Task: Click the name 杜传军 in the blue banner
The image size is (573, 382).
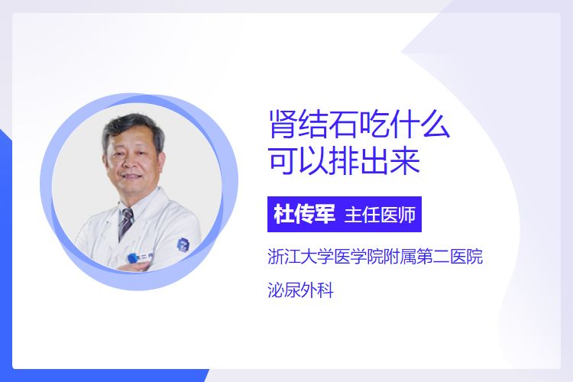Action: tap(304, 215)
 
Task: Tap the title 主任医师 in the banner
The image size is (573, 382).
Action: tap(380, 215)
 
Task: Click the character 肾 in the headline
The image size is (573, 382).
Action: tap(283, 125)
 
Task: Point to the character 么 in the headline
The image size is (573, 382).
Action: tap(435, 125)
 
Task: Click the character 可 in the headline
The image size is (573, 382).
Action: tap(283, 161)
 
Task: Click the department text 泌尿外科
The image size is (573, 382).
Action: tap(301, 290)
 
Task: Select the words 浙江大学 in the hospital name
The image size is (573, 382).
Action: tap(301, 256)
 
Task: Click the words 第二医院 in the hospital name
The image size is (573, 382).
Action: tap(450, 256)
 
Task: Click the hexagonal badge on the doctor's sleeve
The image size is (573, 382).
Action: tap(183, 244)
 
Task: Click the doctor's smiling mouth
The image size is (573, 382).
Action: tap(132, 177)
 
